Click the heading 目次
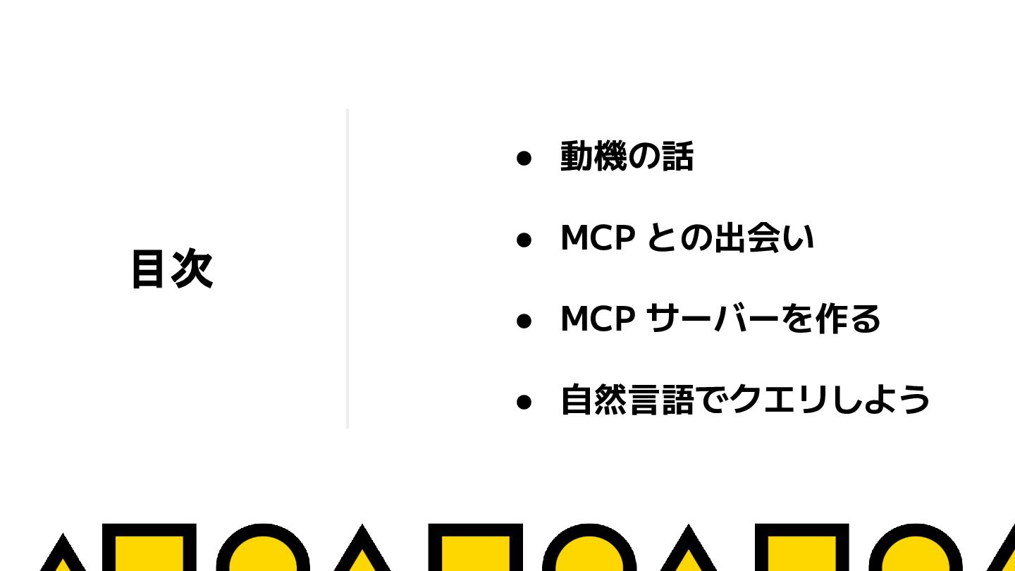click(172, 269)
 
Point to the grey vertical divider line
click(347, 268)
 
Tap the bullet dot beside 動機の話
click(523, 158)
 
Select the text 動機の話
click(627, 156)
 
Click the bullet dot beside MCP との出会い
click(523, 240)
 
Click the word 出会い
click(764, 238)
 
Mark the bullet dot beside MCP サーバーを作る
click(523, 321)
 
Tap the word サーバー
click(712, 319)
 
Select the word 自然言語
click(627, 400)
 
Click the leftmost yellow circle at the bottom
click(263, 553)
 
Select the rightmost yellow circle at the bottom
click(915, 553)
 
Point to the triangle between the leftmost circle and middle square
click(362, 553)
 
